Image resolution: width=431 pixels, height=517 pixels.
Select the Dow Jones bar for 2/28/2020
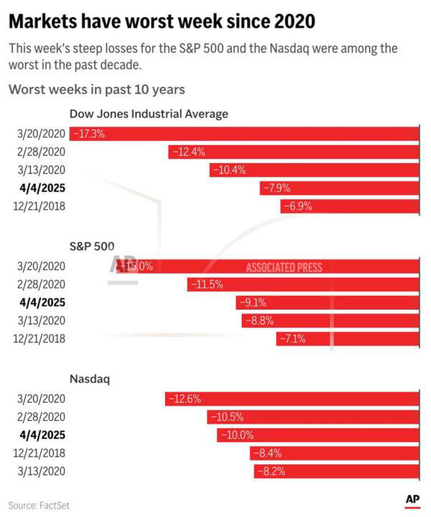pyautogui.click(x=294, y=152)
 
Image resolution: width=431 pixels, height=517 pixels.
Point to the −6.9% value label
pyautogui.click(x=299, y=207)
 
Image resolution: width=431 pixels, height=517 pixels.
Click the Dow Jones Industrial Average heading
pyautogui.click(x=149, y=113)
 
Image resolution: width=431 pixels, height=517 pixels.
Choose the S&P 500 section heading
pyautogui.click(x=92, y=246)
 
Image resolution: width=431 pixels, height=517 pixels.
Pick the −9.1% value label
pyautogui.click(x=256, y=302)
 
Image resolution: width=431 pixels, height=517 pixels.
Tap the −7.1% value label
pyautogui.click(x=295, y=339)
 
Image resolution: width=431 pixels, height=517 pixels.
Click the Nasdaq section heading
pyautogui.click(x=90, y=378)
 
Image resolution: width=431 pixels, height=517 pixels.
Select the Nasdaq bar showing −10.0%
pyautogui.click(x=318, y=435)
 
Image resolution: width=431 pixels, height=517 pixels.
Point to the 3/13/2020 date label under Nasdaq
pyautogui.click(x=40, y=471)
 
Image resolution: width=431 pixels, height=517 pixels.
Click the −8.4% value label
pyautogui.click(x=269, y=453)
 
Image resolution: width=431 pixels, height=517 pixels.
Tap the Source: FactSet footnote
pyautogui.click(x=39, y=506)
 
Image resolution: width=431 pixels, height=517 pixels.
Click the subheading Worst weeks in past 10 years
pyautogui.click(x=97, y=90)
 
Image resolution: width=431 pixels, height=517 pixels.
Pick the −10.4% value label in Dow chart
pyautogui.click(x=228, y=170)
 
